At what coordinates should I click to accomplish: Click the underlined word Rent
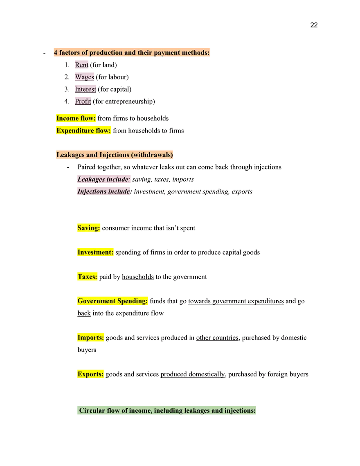point(82,65)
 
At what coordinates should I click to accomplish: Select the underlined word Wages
point(84,77)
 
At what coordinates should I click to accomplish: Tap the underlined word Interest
point(85,89)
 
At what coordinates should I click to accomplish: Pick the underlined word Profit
point(83,101)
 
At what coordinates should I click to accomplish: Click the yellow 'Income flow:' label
point(76,118)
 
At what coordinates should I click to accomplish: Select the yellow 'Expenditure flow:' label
point(83,131)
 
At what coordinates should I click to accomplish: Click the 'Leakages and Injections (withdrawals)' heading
point(114,155)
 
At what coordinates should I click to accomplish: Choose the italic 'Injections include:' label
point(104,191)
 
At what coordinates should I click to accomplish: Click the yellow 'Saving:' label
point(88,228)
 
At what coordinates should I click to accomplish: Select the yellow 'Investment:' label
point(95,252)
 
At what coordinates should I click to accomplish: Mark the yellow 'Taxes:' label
point(87,277)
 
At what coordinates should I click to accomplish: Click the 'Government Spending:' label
point(112,301)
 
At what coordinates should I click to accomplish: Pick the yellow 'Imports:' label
point(90,338)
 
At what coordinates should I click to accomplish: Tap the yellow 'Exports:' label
point(90,374)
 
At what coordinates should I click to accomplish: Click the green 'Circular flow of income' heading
point(167,410)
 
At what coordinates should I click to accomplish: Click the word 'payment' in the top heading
point(167,53)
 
